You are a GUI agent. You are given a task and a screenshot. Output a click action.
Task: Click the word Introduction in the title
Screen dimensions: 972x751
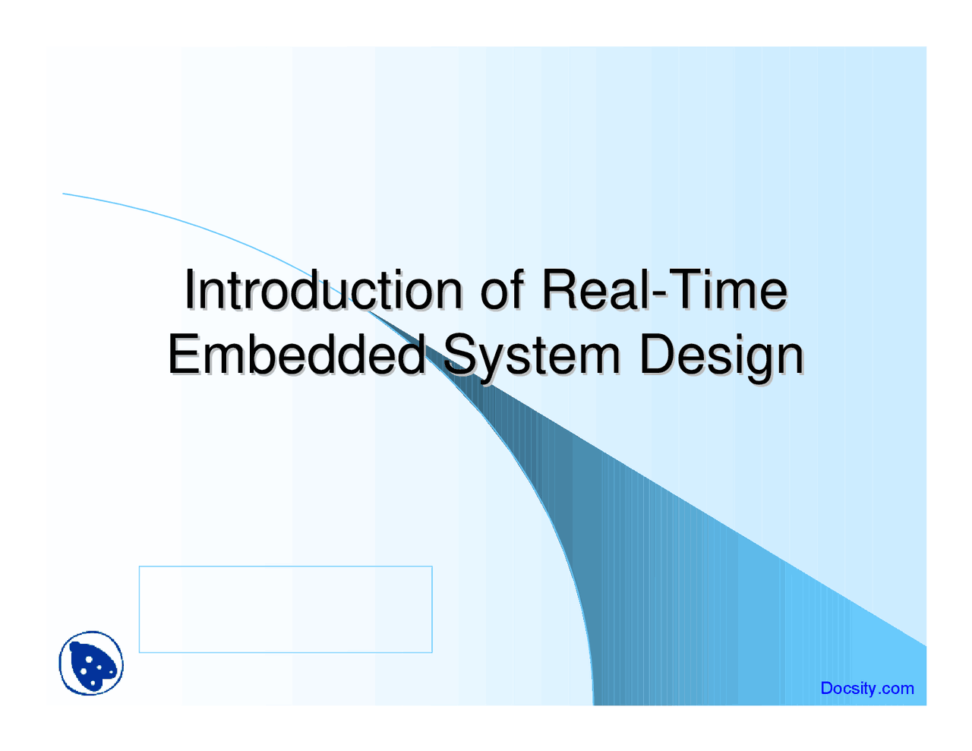(323, 290)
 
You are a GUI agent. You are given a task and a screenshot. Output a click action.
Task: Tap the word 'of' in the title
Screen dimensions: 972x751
(502, 290)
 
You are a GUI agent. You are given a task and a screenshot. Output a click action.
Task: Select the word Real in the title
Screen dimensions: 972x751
(596, 290)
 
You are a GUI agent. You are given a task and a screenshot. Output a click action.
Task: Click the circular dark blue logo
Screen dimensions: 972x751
(91, 663)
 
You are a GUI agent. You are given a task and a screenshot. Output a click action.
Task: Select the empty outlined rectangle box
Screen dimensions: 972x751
(286, 566)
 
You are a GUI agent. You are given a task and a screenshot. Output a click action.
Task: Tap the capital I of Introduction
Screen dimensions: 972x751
(190, 290)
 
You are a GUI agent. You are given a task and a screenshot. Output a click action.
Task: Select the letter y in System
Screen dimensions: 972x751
(493, 363)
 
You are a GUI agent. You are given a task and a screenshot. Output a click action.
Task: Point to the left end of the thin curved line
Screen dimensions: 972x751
(63, 194)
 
